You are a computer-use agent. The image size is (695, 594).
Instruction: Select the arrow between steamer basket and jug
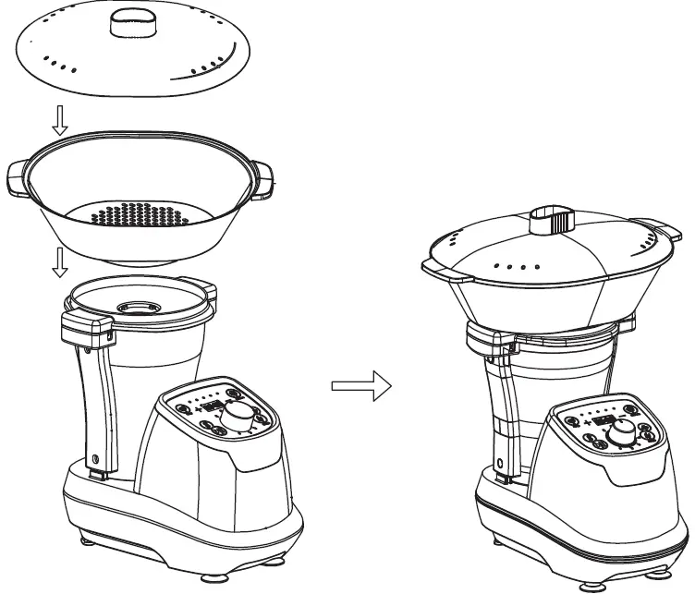59,262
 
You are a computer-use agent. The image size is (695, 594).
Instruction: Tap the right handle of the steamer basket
262,178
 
